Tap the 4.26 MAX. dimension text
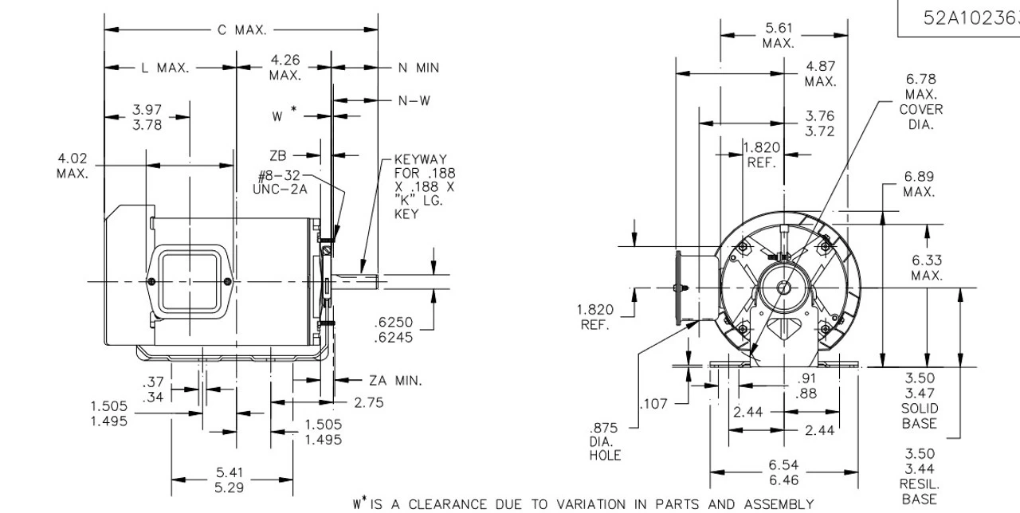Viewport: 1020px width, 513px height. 284,68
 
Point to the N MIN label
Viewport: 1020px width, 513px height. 418,69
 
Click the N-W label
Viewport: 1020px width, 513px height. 414,100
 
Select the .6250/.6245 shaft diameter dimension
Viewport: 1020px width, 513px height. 394,330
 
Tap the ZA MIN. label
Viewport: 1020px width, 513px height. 395,381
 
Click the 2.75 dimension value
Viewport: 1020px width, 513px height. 369,403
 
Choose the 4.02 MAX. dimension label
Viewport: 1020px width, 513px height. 73,166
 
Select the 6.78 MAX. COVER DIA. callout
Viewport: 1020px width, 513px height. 920,102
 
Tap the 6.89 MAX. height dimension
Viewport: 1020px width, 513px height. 919,185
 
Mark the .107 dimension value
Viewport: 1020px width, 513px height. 654,404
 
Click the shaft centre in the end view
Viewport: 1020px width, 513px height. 781,288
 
